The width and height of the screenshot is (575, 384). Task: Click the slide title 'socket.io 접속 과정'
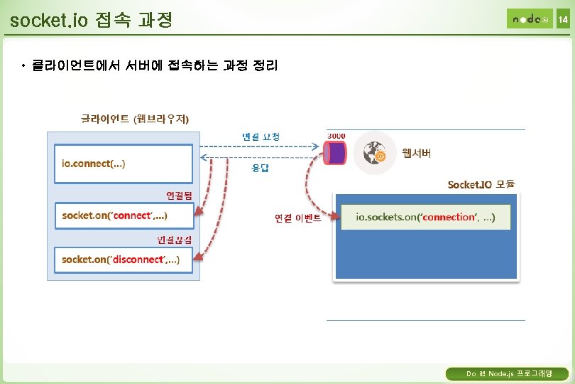(92, 19)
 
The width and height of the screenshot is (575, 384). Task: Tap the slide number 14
(563, 20)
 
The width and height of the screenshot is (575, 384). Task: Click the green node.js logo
(529, 19)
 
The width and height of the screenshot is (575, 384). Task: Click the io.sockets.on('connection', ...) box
(425, 217)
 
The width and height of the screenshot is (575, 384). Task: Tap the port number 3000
(336, 135)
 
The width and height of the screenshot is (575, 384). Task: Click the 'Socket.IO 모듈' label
(481, 184)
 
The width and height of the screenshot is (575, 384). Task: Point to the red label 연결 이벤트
(298, 218)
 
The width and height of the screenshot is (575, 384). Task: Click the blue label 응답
(260, 169)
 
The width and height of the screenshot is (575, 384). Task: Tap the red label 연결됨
(179, 194)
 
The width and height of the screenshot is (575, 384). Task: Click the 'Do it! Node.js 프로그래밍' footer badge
(506, 373)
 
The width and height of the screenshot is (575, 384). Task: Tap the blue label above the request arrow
(261, 136)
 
